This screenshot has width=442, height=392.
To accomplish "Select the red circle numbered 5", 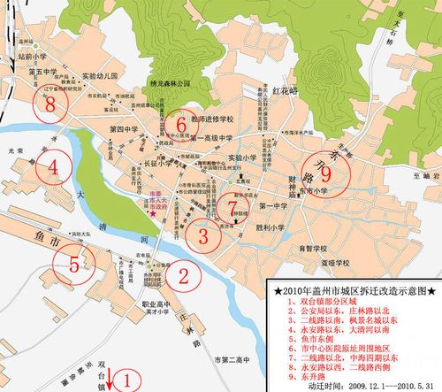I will pyautogui.click(x=74, y=263).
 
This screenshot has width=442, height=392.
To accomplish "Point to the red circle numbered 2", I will pyautogui.click(x=180, y=276).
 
